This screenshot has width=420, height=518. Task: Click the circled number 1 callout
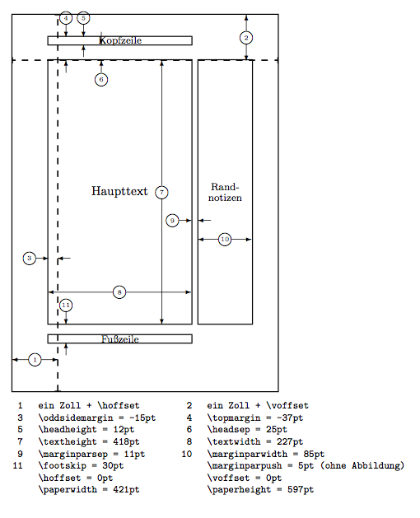(35, 360)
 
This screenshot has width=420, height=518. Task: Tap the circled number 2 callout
(246, 38)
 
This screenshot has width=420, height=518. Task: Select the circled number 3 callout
(30, 259)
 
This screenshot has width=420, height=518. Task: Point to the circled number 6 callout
(101, 80)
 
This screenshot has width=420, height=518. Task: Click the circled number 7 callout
(161, 192)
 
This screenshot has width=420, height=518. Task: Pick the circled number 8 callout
(119, 292)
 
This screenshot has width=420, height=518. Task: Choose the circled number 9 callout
(172, 221)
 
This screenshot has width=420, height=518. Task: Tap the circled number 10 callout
(225, 240)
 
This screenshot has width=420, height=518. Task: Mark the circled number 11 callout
(66, 306)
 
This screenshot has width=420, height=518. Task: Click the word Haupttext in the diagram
(119, 191)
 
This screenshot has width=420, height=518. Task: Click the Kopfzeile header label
(120, 40)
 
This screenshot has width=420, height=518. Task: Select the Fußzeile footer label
(120, 339)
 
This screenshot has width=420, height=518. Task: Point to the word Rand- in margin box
(225, 187)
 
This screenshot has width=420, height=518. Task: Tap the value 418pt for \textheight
(126, 441)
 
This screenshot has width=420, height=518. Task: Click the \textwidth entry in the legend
(234, 441)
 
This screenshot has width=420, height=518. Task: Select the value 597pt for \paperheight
(301, 489)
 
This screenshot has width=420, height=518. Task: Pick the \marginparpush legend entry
(245, 466)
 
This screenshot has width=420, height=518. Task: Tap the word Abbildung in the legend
(378, 466)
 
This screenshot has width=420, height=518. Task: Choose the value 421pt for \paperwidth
(126, 489)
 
